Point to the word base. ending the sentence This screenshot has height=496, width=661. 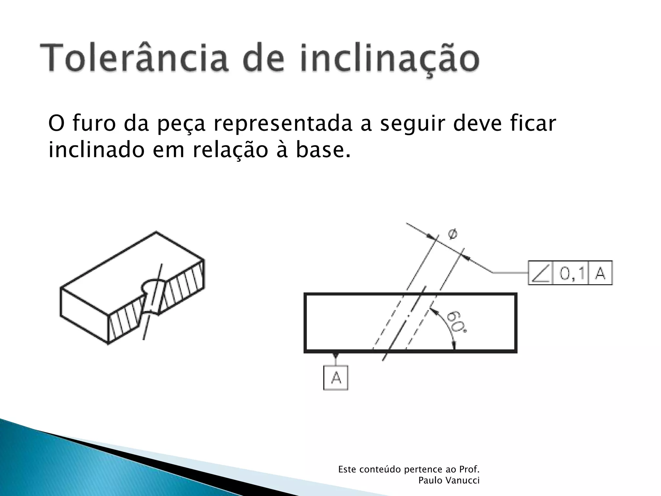point(323,150)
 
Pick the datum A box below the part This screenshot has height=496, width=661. point(336,377)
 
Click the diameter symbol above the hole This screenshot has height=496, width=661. point(452,234)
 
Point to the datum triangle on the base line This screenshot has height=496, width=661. point(336,356)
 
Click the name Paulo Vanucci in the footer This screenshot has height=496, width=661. point(449,480)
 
